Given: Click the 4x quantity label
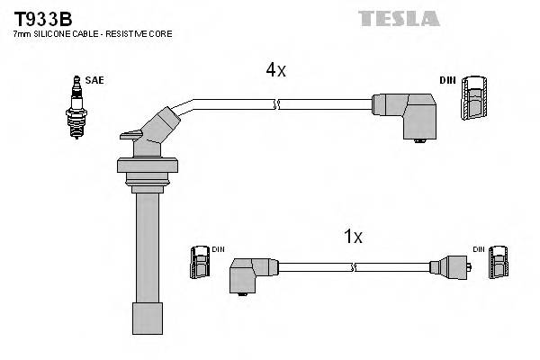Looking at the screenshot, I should tap(274, 68).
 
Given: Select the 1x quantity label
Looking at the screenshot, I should tap(353, 237).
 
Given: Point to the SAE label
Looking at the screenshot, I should tap(95, 80).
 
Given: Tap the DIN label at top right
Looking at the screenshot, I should tap(447, 80).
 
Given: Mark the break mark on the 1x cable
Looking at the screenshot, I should tap(356, 267).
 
